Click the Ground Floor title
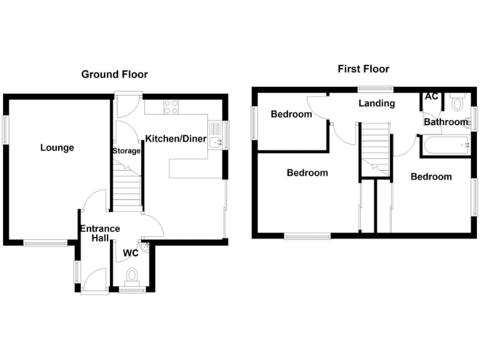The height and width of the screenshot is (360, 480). click(114, 74)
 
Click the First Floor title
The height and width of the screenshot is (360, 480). click(363, 69)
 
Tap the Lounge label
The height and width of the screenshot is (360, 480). click(57, 148)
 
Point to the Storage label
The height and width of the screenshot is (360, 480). click(126, 151)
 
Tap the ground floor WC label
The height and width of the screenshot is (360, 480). click(131, 253)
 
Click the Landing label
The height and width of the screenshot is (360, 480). click(376, 103)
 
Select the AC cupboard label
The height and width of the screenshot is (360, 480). click(431, 97)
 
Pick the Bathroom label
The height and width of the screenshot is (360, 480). click(446, 122)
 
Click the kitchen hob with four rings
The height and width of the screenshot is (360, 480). click(171, 107)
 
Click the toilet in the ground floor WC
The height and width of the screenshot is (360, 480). click(131, 276)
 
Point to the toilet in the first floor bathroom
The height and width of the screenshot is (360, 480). click(457, 102)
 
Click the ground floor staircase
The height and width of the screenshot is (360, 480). click(127, 186)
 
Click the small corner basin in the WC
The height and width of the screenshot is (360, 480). click(145, 248)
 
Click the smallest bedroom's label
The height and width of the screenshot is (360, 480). click(291, 114)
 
